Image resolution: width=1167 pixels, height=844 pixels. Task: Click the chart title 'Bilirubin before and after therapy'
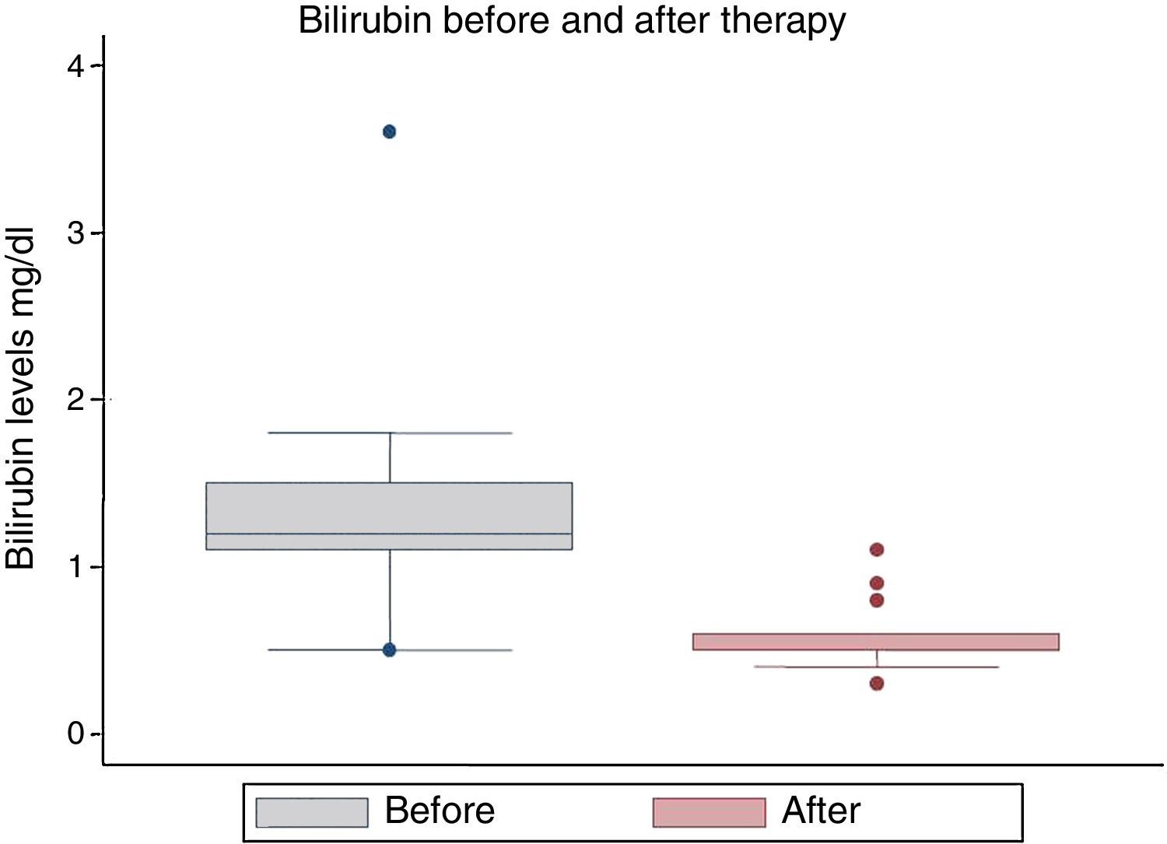(572, 20)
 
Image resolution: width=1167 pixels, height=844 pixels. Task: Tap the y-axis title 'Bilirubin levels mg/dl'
(21, 398)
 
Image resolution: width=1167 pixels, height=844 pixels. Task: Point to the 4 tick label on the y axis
(75, 67)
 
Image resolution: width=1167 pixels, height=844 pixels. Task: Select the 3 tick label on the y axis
(75, 233)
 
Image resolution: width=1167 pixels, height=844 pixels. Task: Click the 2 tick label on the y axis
(75, 400)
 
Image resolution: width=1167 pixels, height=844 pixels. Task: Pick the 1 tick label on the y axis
(75, 567)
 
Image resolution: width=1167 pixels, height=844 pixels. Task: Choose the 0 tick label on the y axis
(75, 734)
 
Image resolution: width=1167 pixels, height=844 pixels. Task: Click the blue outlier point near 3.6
(390, 131)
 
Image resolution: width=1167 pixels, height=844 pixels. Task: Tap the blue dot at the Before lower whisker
(390, 650)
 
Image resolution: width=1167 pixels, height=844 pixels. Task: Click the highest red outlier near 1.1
(877, 550)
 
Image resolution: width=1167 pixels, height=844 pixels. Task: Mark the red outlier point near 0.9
(877, 583)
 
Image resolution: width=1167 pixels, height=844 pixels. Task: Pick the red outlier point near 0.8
(877, 601)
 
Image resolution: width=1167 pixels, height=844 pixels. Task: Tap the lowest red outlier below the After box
(877, 684)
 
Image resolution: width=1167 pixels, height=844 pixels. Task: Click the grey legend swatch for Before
(312, 812)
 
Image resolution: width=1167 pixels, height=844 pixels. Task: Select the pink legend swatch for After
(709, 812)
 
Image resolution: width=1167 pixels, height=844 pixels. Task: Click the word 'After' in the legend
(821, 811)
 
